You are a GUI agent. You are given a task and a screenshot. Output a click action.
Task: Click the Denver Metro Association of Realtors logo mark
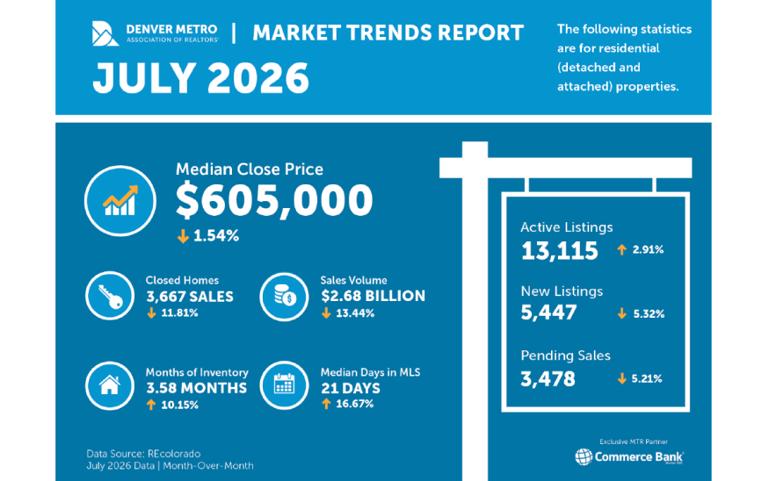[105, 33]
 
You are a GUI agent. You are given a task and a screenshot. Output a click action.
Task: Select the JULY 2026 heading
[200, 78]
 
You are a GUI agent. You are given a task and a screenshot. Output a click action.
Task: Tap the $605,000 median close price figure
[274, 200]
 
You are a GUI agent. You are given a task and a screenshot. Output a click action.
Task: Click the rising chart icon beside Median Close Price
[120, 201]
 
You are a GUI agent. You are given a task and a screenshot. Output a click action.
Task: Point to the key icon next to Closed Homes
[110, 296]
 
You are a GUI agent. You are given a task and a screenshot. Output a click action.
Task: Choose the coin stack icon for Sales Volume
[285, 297]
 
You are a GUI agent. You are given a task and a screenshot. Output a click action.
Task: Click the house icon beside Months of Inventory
[110, 386]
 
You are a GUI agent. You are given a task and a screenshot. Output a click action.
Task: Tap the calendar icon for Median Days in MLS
[285, 385]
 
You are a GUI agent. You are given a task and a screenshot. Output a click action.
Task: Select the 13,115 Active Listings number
[560, 251]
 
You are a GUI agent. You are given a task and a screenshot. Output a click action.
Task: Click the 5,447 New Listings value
[548, 312]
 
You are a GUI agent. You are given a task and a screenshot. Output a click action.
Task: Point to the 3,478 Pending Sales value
[548, 378]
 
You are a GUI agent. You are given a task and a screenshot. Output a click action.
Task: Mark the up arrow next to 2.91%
[622, 250]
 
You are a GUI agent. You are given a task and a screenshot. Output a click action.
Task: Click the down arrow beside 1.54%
[183, 236]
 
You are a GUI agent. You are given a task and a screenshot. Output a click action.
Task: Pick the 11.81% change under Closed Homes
[179, 313]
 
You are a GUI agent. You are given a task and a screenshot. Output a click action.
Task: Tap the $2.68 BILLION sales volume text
[374, 296]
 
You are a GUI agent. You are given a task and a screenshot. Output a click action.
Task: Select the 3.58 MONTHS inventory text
[197, 388]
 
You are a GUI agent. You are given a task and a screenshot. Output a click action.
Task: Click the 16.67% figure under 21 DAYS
[354, 404]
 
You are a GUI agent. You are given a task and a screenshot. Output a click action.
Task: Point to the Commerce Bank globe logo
[584, 456]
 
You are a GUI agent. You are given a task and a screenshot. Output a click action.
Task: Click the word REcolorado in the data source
[174, 454]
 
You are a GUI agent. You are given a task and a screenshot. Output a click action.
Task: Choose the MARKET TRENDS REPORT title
[388, 32]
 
